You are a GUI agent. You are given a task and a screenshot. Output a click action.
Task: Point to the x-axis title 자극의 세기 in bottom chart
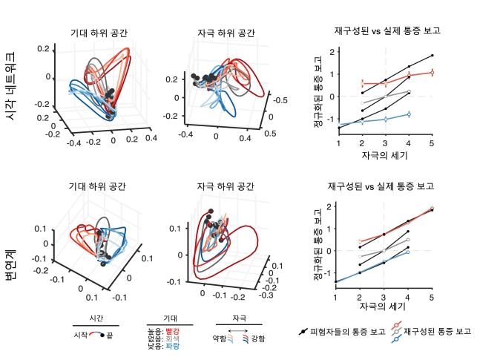click(x=384, y=306)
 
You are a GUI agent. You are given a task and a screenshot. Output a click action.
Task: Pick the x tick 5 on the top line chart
click(x=431, y=143)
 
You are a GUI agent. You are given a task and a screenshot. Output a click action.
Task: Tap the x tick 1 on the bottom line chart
click(x=336, y=297)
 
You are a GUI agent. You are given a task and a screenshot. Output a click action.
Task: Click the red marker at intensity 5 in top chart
click(x=432, y=72)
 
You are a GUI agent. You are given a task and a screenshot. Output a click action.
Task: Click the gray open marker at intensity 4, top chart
click(x=408, y=92)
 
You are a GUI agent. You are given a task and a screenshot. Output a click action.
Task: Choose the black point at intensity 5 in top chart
click(x=432, y=56)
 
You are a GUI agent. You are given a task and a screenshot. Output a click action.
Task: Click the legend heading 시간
click(x=95, y=317)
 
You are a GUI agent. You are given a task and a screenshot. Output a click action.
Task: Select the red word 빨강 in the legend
click(x=173, y=330)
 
